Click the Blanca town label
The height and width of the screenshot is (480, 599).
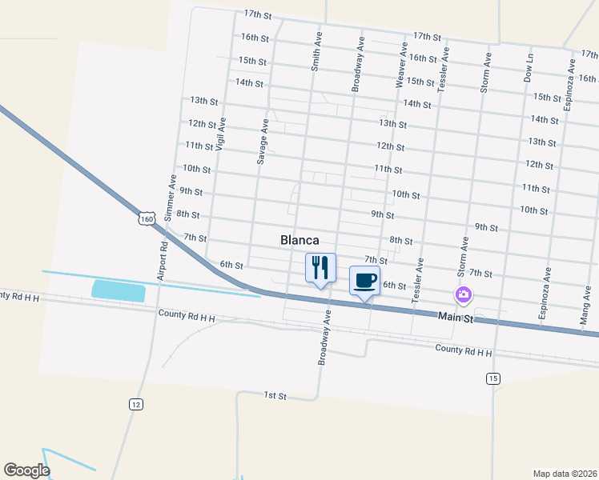pos(299,240)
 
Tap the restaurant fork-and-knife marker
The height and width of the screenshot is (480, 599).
pos(320,267)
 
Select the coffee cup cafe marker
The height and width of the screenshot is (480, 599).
pos(364,281)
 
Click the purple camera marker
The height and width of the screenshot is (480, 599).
pos(464,296)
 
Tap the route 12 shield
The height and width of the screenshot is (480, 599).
pos(136,405)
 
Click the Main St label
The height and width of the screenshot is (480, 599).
pos(456,318)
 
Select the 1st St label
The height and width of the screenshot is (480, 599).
pos(275,396)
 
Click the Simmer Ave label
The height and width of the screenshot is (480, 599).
pos(169,198)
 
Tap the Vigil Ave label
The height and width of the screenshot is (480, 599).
pos(220,134)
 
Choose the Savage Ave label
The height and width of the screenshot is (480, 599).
pos(262,142)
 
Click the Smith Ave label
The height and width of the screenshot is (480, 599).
pos(316,52)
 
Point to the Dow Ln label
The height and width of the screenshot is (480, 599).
pos(529,69)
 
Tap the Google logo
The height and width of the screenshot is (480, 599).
pos(26,470)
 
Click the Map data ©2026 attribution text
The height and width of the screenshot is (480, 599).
pos(565,473)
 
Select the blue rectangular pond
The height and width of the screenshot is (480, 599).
pos(119,290)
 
